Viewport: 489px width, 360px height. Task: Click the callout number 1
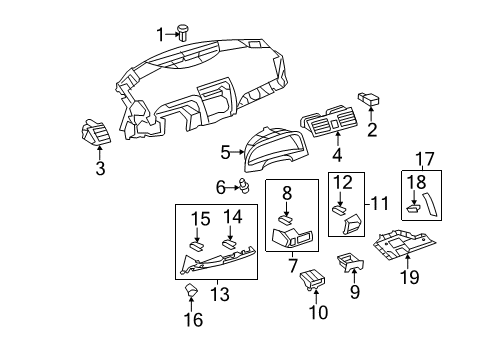point(159,35)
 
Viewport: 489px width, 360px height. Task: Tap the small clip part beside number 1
point(183,32)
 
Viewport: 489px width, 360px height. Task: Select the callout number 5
point(226,153)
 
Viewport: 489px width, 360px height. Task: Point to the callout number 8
point(286,193)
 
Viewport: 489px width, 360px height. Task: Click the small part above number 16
point(193,293)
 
